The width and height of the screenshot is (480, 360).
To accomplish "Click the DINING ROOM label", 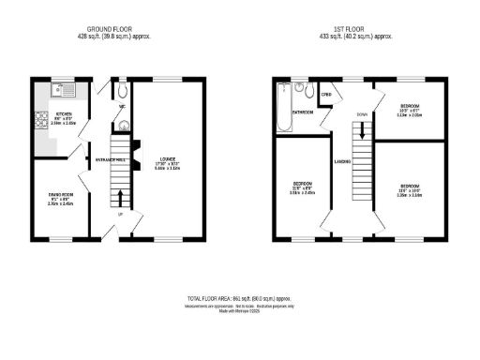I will tap(61, 194).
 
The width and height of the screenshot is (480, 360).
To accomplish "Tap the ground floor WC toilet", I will tap(122, 91).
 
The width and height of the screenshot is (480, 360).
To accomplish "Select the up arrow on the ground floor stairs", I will tap(119, 198).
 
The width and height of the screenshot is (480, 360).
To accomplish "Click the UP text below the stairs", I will tap(119, 214).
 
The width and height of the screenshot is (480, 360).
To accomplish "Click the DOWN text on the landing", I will tap(361, 114).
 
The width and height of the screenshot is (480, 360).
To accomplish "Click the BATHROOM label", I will tap(302, 112).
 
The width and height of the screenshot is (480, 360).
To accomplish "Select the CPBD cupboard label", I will tap(327, 94).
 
